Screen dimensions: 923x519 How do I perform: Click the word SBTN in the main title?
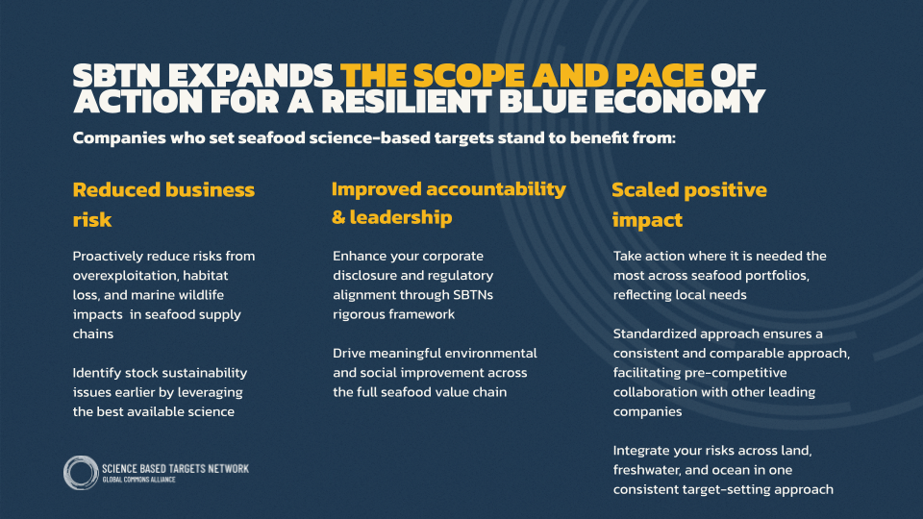coord(116,76)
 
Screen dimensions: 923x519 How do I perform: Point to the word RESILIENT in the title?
coord(406,101)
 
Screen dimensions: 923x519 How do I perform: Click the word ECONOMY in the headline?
coord(680,101)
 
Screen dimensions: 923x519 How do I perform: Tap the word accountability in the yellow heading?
coord(496,189)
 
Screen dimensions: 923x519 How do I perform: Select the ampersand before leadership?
coord(338,218)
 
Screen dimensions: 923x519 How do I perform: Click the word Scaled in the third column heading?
coord(646,190)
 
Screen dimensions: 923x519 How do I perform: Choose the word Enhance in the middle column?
coord(359,256)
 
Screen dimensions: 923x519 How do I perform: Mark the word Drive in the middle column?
coord(349,353)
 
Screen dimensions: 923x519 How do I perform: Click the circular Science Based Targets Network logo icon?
coord(81,473)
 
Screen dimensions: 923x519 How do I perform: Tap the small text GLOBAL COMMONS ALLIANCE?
coord(138,480)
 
